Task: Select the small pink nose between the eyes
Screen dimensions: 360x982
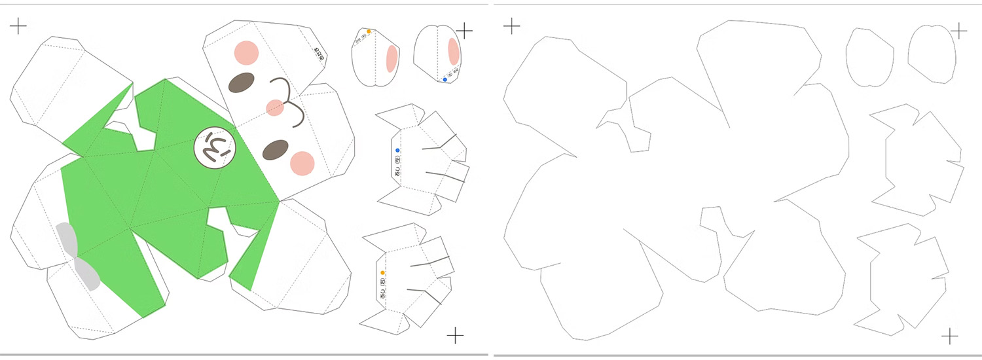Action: (275, 107)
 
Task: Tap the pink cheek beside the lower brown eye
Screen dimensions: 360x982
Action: (302, 164)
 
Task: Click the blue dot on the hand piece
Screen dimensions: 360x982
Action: (397, 151)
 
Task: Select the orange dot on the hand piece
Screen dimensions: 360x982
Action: (383, 272)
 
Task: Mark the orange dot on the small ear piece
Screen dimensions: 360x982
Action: (369, 31)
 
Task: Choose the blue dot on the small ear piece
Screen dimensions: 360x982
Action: (445, 80)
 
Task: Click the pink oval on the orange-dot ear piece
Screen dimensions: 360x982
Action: (391, 58)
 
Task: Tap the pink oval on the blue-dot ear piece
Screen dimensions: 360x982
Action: (453, 52)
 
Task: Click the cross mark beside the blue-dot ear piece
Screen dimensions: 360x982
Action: (464, 30)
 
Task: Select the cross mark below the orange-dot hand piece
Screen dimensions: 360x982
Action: (455, 336)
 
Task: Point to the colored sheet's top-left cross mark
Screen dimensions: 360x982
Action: (18, 26)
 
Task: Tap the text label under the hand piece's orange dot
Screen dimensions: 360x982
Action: (383, 289)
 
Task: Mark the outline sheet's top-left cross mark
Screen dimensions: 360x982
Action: (511, 26)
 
